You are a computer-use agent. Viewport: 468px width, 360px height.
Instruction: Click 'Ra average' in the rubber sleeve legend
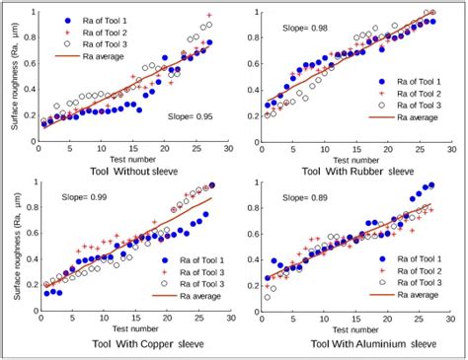tap(415, 116)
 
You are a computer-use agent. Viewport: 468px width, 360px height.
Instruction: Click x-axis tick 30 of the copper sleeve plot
tap(227, 320)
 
